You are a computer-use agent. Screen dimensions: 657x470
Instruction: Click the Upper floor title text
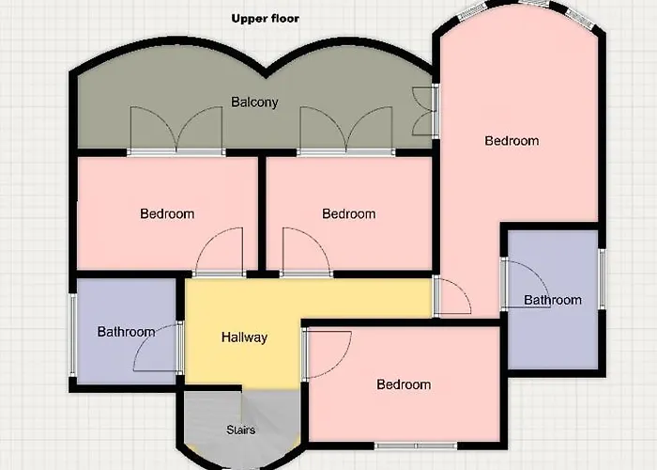(x=266, y=19)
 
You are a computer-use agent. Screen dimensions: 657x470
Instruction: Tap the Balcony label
(x=254, y=102)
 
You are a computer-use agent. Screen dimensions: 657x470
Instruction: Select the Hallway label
(x=244, y=337)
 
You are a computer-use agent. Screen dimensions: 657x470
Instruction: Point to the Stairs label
(x=241, y=430)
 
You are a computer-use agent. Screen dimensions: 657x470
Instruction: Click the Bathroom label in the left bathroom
(x=126, y=332)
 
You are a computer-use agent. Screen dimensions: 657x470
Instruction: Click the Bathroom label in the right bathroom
(x=553, y=300)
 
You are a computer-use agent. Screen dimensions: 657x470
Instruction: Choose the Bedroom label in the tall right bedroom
(x=512, y=141)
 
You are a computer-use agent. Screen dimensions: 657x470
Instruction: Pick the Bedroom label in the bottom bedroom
(x=404, y=384)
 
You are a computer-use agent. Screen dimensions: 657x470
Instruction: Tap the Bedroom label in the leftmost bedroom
(x=167, y=214)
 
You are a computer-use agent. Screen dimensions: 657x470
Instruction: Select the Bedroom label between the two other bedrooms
(x=348, y=214)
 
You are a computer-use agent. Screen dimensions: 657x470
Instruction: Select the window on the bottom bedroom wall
(x=416, y=446)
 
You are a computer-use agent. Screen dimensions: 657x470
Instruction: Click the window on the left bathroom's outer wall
(x=73, y=335)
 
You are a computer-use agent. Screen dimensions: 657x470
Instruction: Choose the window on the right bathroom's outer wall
(x=602, y=279)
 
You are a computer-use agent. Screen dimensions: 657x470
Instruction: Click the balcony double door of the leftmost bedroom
(x=176, y=130)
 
